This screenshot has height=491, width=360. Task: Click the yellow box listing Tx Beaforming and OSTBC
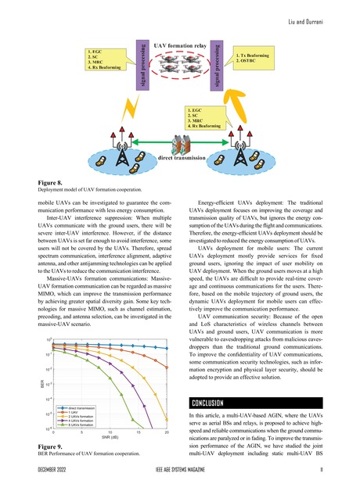tap(257, 61)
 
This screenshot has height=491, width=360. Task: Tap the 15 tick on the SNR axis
tap(139, 431)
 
